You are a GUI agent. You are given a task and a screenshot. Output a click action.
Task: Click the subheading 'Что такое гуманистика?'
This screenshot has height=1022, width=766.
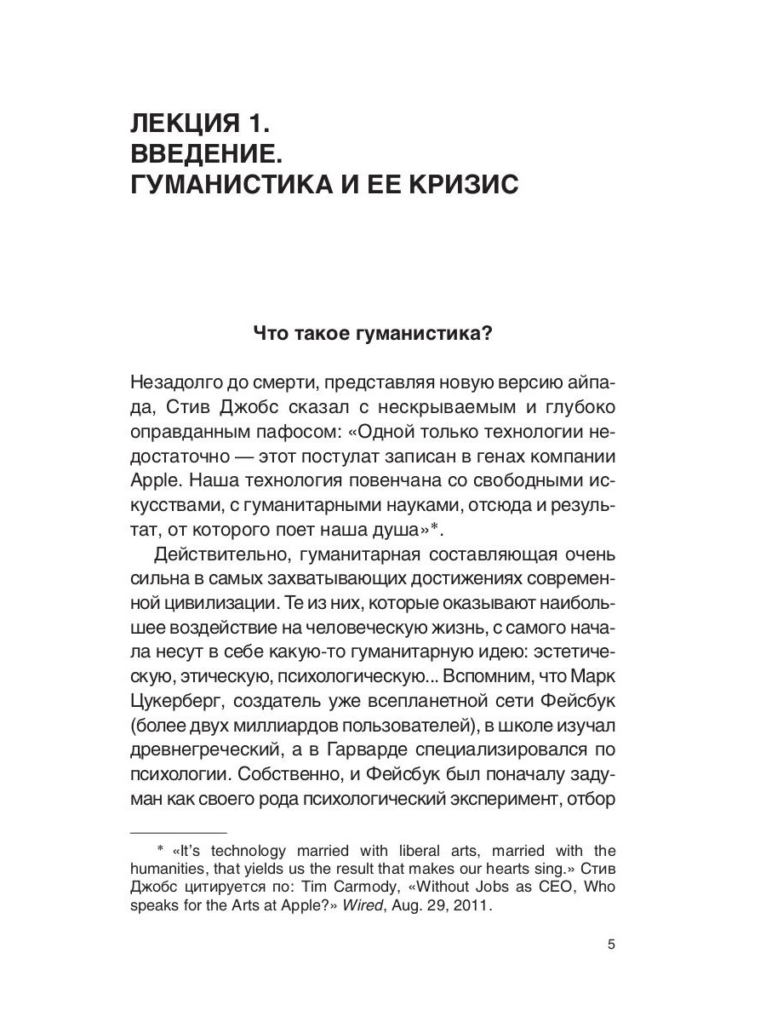374,335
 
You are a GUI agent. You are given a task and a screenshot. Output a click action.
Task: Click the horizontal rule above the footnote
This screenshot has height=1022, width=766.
178,831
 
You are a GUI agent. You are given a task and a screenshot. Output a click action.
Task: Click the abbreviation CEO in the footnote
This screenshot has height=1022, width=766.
531,887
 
